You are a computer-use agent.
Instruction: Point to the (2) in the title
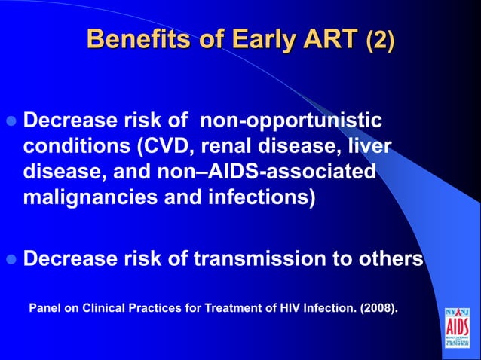(x=379, y=39)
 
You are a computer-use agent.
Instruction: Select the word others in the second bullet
(x=390, y=259)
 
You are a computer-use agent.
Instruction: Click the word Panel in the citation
(x=45, y=308)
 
